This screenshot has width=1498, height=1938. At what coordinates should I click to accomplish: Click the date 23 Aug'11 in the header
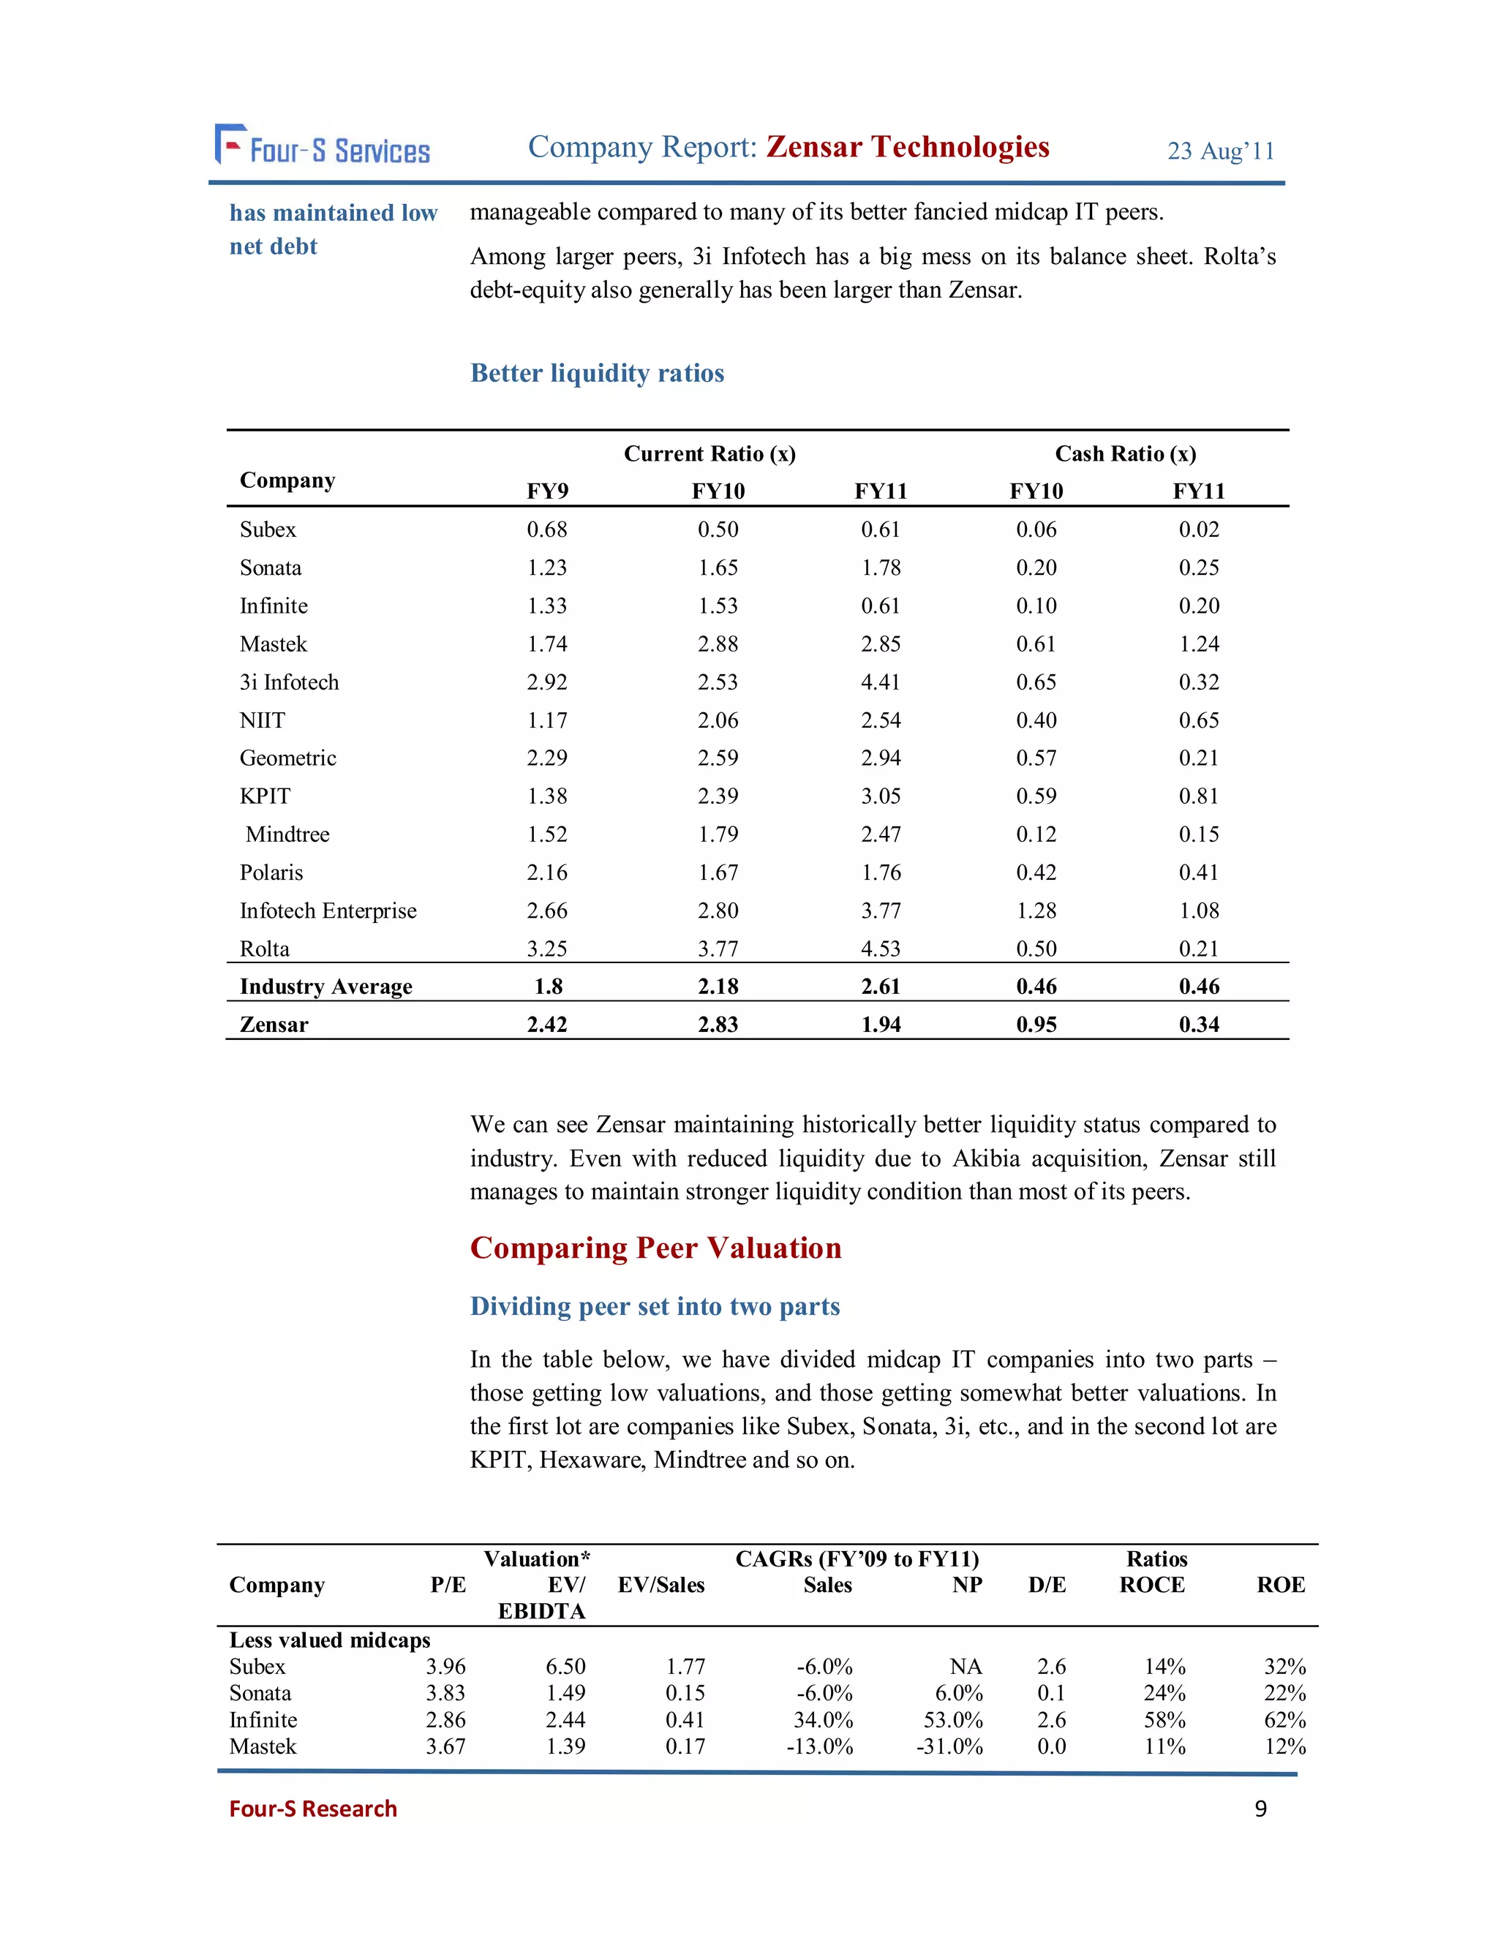[1220, 151]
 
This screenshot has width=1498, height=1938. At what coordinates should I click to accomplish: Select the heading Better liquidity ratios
[598, 373]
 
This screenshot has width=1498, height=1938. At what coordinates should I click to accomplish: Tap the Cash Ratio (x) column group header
[1124, 453]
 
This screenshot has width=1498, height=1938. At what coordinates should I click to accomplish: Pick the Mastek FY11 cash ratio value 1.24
[1198, 644]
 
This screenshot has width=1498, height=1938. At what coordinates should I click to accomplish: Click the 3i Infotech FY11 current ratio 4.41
[881, 682]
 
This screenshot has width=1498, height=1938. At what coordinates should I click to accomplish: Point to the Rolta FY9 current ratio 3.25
[546, 949]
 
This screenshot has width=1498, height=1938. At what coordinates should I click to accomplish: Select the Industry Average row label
[325, 986]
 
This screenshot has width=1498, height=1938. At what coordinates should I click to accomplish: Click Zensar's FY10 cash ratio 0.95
[1036, 1024]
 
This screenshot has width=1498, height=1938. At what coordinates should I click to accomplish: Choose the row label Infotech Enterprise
[328, 910]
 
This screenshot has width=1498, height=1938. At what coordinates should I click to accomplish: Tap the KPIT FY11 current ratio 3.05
[881, 796]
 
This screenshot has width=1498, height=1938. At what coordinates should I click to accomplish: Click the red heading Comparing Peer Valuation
[655, 1248]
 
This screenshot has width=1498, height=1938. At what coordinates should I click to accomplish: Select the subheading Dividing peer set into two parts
[654, 1306]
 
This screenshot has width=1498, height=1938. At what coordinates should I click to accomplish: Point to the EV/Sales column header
[661, 1585]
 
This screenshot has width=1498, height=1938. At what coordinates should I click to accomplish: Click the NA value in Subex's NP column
[966, 1667]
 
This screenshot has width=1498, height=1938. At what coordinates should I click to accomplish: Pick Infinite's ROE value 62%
[1284, 1720]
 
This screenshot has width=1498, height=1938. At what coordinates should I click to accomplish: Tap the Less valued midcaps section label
[329, 1640]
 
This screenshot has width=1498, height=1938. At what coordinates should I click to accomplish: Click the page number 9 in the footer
[1260, 1809]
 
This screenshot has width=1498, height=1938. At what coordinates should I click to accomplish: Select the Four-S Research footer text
[312, 1809]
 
